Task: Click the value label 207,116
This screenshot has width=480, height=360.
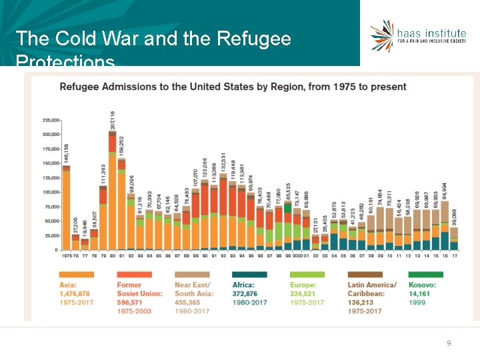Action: [113, 119]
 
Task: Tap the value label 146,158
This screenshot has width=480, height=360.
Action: [66, 153]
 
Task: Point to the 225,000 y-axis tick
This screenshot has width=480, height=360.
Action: [51, 120]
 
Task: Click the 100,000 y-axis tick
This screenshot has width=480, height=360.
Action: [51, 192]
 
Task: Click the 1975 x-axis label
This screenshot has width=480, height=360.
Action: [67, 255]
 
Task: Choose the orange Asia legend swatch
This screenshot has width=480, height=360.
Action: [76, 275]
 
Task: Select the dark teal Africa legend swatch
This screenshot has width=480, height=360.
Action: [249, 275]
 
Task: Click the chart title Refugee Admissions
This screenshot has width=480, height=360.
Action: [233, 87]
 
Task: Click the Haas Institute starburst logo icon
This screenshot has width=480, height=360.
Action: [383, 35]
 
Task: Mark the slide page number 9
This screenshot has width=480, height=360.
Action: [449, 343]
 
